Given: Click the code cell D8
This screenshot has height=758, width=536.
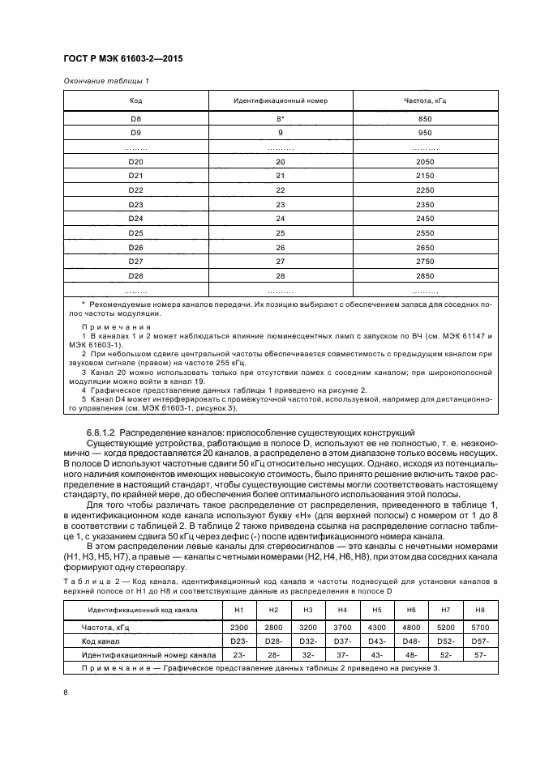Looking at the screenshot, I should (x=136, y=119).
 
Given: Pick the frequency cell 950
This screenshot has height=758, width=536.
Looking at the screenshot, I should (x=425, y=132).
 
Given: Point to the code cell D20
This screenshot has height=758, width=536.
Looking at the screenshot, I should (x=136, y=162).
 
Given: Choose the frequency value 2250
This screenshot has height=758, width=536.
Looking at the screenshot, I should (x=425, y=190).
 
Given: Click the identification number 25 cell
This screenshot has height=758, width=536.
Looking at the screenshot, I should (x=281, y=233).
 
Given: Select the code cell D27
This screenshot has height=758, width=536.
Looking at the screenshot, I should (x=136, y=262).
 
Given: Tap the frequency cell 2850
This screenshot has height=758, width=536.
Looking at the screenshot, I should (x=425, y=276).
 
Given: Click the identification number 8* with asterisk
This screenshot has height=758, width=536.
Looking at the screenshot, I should (x=281, y=119).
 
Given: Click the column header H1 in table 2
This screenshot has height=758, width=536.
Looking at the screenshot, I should (x=238, y=609).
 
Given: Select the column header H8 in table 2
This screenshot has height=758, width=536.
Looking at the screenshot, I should (x=478, y=609).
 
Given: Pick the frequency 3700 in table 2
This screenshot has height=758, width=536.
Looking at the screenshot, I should (x=341, y=628).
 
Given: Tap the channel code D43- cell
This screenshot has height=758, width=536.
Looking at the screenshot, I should (x=376, y=641).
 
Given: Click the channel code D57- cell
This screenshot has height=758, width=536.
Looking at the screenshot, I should (x=478, y=641).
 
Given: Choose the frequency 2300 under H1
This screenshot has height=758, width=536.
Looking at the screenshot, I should (x=238, y=628).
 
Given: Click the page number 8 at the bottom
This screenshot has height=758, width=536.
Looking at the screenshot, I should (x=65, y=692).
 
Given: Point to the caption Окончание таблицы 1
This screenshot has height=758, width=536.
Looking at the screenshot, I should (x=106, y=81).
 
